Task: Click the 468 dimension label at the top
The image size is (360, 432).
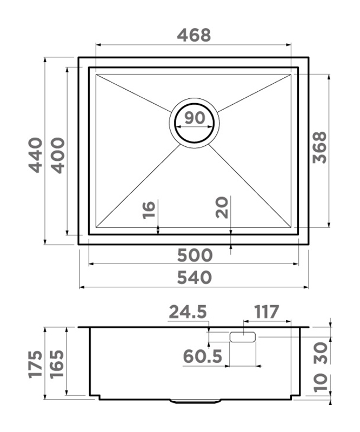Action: point(194,35)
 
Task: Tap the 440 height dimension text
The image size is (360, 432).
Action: point(36,156)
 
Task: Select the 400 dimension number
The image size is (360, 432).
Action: point(58,156)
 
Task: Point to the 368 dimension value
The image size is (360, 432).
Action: point(319,147)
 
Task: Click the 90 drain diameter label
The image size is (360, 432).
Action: point(195,118)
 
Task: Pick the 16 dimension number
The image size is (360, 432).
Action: point(149,210)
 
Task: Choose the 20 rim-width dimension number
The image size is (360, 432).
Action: point(222,207)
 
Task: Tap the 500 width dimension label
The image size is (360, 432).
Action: point(195,255)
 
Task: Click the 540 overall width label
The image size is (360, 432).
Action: point(195,278)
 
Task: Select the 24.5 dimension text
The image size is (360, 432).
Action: point(188,312)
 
